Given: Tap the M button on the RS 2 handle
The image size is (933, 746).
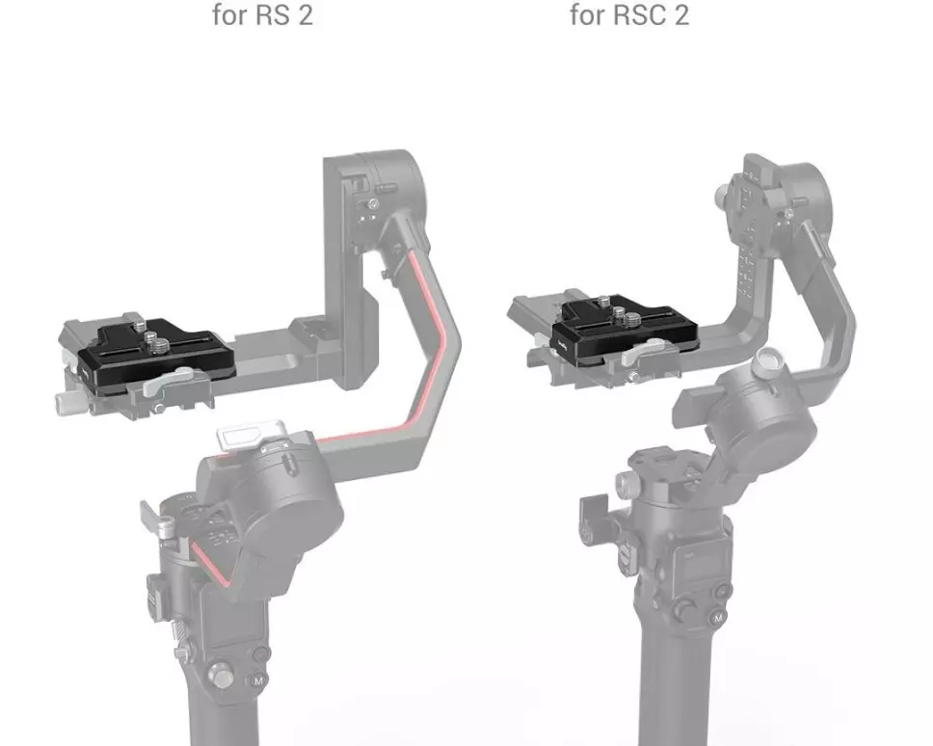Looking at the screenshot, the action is [257, 680].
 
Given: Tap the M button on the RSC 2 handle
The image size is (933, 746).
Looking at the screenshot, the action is [718, 618].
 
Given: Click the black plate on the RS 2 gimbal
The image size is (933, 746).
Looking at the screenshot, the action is [156, 352].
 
